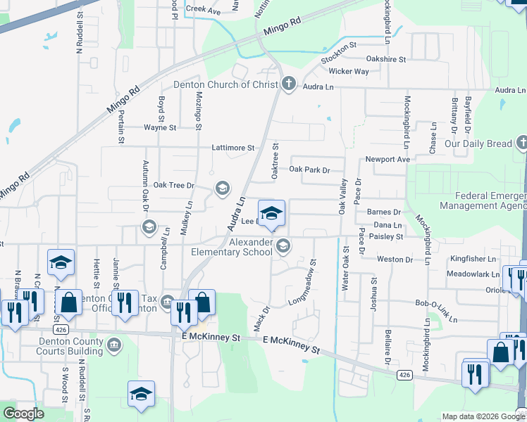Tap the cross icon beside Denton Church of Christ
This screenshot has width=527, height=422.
click(288, 84)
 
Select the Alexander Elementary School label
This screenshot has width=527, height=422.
click(232, 247)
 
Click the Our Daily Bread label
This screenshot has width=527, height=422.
click(478, 143)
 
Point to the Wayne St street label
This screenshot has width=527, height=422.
click(160, 128)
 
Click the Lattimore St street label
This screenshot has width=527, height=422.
click(232, 148)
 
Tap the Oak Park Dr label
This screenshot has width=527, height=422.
click(309, 170)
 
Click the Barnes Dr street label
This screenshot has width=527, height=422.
click(384, 212)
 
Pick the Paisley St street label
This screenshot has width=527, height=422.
click(385, 237)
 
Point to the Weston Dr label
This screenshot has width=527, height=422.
click(395, 260)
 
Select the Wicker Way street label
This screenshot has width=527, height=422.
click(349, 72)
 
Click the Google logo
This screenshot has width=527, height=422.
click(23, 414)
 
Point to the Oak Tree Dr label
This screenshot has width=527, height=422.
click(173, 185)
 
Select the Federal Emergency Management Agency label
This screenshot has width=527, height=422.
click(483, 200)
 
